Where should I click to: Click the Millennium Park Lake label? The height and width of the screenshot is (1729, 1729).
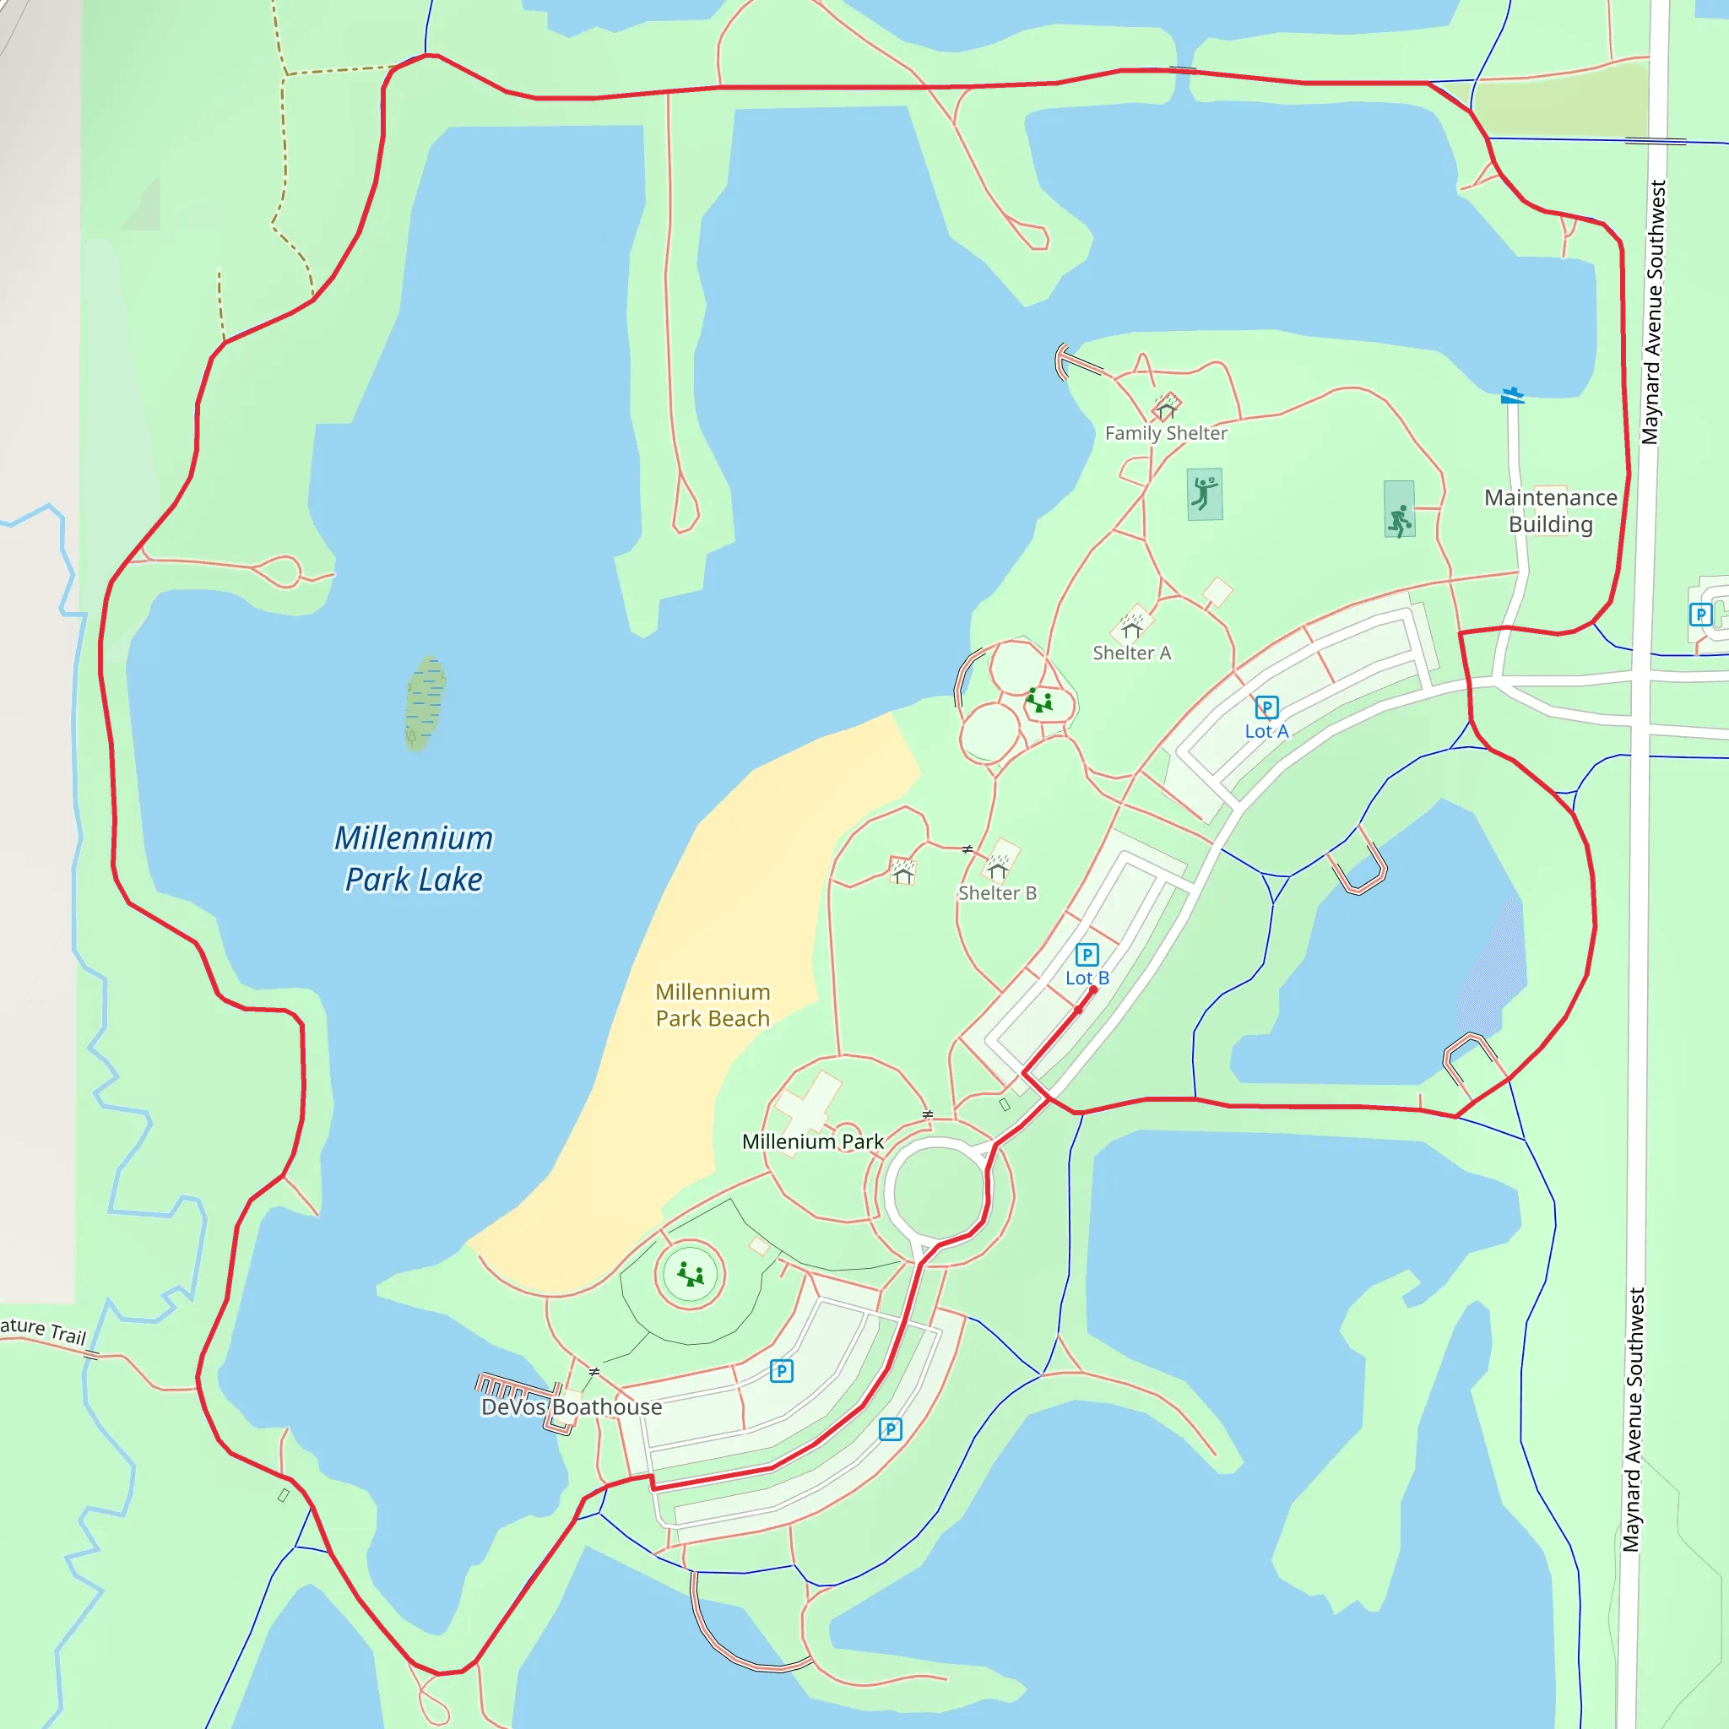(x=414, y=859)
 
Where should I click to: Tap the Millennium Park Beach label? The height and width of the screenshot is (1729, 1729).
(x=713, y=1005)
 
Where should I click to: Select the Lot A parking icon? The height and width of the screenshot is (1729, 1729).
(x=1266, y=707)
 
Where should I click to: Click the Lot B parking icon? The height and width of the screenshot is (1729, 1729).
(x=1087, y=955)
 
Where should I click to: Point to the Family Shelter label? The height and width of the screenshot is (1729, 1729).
(x=1165, y=433)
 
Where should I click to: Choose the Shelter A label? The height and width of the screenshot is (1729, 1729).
(x=1131, y=653)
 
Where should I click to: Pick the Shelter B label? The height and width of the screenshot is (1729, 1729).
(x=997, y=893)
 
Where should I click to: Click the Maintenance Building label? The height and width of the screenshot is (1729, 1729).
(x=1550, y=510)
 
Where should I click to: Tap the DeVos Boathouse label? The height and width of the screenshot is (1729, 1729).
(x=572, y=1407)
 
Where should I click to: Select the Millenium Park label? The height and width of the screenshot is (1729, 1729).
(x=813, y=1142)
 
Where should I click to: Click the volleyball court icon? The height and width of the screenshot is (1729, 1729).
(x=1205, y=493)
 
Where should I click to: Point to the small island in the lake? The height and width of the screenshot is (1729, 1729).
(x=425, y=702)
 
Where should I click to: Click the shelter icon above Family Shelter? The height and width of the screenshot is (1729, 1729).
(x=1165, y=409)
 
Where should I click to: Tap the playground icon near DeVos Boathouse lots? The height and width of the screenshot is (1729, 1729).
(x=690, y=1273)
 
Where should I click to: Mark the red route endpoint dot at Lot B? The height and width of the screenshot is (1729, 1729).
(x=1092, y=989)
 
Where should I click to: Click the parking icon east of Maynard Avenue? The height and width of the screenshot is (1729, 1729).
(x=1700, y=615)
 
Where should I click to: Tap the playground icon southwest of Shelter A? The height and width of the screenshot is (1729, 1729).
(x=1039, y=700)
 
